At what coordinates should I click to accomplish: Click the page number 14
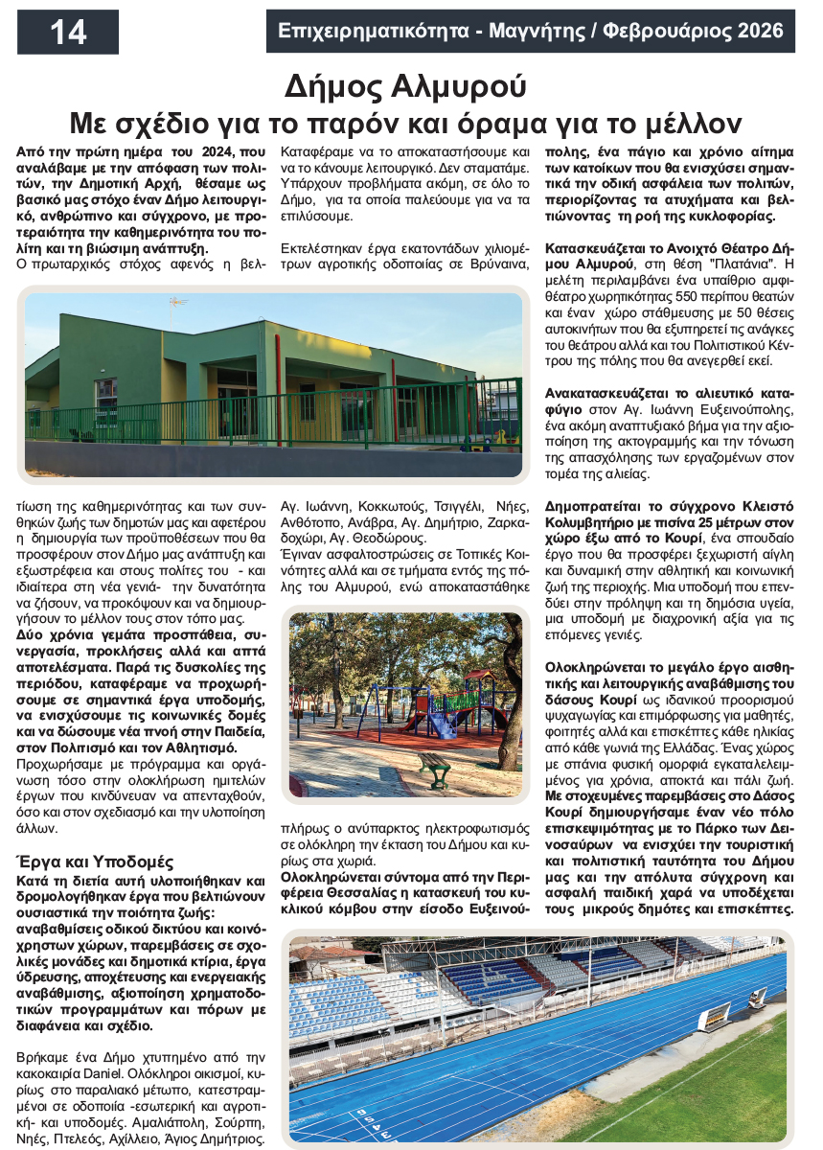pyautogui.click(x=68, y=33)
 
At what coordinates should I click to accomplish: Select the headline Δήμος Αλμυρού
pyautogui.click(x=406, y=87)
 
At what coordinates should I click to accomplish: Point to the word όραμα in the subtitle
pyautogui.click(x=516, y=123)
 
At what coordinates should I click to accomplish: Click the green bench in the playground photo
pyautogui.click(x=435, y=768)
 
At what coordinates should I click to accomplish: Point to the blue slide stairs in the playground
pyautogui.click(x=440, y=721)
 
